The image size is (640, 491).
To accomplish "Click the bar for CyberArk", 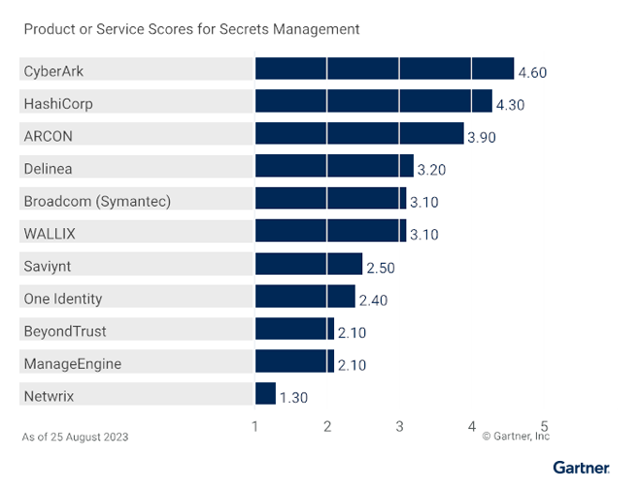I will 384,69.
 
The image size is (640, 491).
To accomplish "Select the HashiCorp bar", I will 373,102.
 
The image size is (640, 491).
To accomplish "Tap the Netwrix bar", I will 265,394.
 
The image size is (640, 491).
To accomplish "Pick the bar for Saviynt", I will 308,264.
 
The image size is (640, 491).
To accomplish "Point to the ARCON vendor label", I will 48,136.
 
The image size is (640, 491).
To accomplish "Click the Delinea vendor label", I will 48,169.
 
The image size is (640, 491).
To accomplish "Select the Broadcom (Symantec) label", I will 97,201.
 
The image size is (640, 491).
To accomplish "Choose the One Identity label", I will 62,299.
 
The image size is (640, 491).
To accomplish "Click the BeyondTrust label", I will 64,331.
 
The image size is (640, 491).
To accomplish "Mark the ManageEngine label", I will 73,364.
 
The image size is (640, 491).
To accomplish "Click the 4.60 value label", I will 533,72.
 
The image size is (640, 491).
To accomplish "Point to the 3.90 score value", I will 482,138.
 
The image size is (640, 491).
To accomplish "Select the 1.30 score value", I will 293,397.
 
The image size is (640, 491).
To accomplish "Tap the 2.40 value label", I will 373,300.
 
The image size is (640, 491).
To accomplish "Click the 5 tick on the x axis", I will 545,425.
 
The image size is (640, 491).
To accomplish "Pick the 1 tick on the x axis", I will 254,425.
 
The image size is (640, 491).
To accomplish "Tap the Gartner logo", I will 581,468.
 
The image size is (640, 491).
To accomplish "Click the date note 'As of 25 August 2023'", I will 75,437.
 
